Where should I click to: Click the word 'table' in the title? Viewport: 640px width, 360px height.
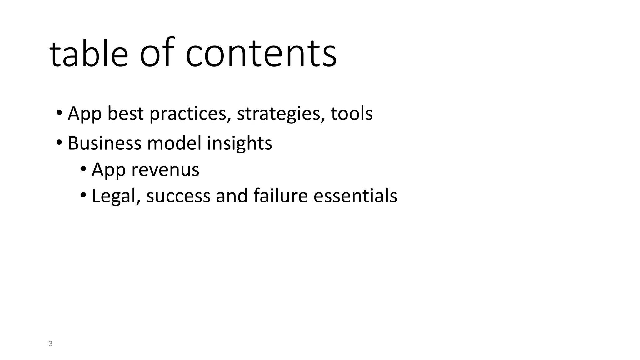click(x=89, y=53)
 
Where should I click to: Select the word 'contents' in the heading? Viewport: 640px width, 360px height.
click(x=261, y=53)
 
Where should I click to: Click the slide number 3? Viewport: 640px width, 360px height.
click(x=51, y=344)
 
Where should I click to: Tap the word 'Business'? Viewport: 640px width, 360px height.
click(x=104, y=143)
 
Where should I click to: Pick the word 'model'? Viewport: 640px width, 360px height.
click(x=174, y=143)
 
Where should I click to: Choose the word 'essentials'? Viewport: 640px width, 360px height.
click(x=355, y=196)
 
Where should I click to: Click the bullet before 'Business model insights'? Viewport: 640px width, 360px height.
click(x=59, y=143)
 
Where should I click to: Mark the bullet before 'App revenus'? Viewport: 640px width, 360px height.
click(x=83, y=169)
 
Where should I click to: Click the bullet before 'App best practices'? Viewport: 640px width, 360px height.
click(x=59, y=112)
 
